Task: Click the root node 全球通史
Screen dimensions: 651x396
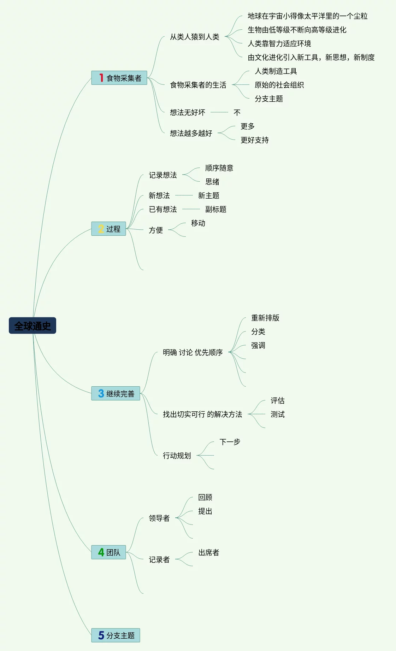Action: pyautogui.click(x=32, y=325)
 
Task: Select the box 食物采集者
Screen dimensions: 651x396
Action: pyautogui.click(x=119, y=78)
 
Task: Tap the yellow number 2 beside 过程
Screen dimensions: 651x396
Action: pyautogui.click(x=101, y=229)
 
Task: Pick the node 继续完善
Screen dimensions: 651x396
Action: pyautogui.click(x=116, y=393)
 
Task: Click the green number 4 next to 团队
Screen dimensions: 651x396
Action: pyautogui.click(x=101, y=552)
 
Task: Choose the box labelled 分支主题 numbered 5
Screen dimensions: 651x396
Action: pyautogui.click(x=116, y=635)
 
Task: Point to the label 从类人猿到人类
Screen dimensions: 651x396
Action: pyautogui.click(x=194, y=37)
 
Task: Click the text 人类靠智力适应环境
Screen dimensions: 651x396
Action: pyautogui.click(x=279, y=43)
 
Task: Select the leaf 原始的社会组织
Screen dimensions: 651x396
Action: pyautogui.click(x=279, y=85)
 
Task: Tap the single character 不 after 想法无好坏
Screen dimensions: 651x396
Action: pyautogui.click(x=237, y=112)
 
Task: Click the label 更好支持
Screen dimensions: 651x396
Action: pyautogui.click(x=254, y=140)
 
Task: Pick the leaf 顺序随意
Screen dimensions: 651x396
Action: pyautogui.click(x=219, y=168)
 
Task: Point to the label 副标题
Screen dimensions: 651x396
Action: pyautogui.click(x=215, y=209)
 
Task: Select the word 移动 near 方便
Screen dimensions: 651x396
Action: pyautogui.click(x=198, y=223)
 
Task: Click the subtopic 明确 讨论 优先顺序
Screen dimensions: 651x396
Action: pyautogui.click(x=193, y=352)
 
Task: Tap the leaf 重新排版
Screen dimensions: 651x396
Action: pyautogui.click(x=265, y=318)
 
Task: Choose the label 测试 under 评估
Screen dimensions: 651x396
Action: pyautogui.click(x=277, y=414)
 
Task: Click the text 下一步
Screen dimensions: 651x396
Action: pyautogui.click(x=230, y=442)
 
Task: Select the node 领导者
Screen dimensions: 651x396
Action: pyautogui.click(x=159, y=518)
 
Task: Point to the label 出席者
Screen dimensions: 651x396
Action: pyautogui.click(x=208, y=552)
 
